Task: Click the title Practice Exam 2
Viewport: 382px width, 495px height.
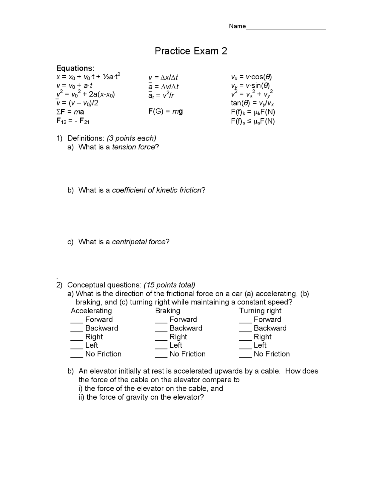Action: pos(191,51)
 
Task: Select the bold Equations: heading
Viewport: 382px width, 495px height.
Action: pos(75,68)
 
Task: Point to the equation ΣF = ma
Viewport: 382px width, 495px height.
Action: pos(70,112)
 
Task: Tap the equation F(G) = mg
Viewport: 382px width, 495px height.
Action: pos(165,111)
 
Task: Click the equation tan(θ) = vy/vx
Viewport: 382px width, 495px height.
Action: pos(252,103)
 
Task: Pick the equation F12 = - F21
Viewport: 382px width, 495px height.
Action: pos(73,121)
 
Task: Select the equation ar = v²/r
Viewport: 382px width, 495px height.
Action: pos(161,95)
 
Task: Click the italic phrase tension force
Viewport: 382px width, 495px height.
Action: pos(133,147)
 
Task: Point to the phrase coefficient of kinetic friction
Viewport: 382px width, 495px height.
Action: pos(157,190)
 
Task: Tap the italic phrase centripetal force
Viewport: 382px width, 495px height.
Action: pos(138,242)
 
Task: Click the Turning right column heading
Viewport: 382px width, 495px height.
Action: pos(260,311)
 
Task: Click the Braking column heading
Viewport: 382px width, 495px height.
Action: pos(167,311)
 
